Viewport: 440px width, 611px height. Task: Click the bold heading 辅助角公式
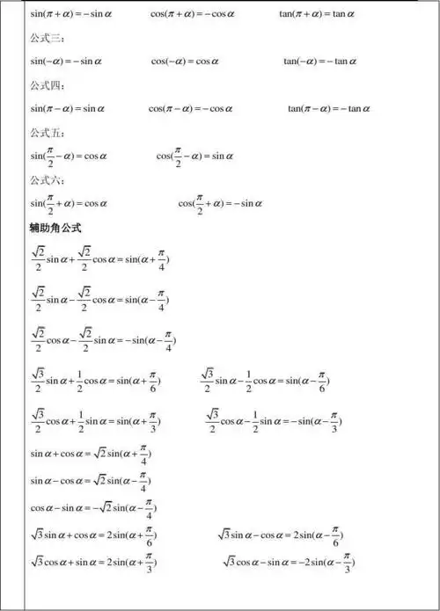(x=55, y=228)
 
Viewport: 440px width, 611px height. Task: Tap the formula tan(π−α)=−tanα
(x=328, y=109)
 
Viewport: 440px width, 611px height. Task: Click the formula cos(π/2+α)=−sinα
(x=220, y=204)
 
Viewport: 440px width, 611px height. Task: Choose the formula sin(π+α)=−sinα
(x=74, y=15)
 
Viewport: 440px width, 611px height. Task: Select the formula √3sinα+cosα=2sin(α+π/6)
(x=95, y=536)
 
